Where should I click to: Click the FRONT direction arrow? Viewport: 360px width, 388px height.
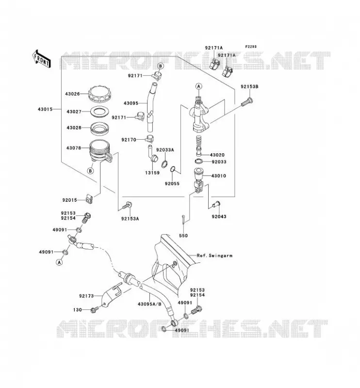click(x=42, y=59)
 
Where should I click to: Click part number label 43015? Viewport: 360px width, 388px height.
click(x=45, y=109)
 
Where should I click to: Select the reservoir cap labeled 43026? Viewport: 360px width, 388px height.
click(x=99, y=94)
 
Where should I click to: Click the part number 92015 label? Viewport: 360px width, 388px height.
click(x=69, y=200)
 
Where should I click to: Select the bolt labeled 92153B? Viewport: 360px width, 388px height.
click(x=247, y=102)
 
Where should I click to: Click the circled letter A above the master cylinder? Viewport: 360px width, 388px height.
click(x=198, y=86)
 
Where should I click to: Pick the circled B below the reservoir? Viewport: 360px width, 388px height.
click(x=91, y=171)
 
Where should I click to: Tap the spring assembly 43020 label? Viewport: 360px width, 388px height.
click(x=217, y=155)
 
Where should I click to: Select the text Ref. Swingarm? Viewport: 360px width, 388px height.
click(x=214, y=256)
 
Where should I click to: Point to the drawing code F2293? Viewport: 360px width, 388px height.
click(x=251, y=47)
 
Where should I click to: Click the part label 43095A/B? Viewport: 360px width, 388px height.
click(x=149, y=304)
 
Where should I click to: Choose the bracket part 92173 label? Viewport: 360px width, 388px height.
click(x=86, y=296)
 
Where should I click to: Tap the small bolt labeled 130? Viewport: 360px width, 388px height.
click(x=95, y=309)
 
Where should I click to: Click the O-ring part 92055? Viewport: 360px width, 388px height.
click(x=173, y=170)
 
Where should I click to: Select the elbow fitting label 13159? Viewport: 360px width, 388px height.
click(x=152, y=173)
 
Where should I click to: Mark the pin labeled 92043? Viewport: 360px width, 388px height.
click(x=216, y=204)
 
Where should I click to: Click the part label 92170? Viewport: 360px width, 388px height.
click(x=129, y=140)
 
